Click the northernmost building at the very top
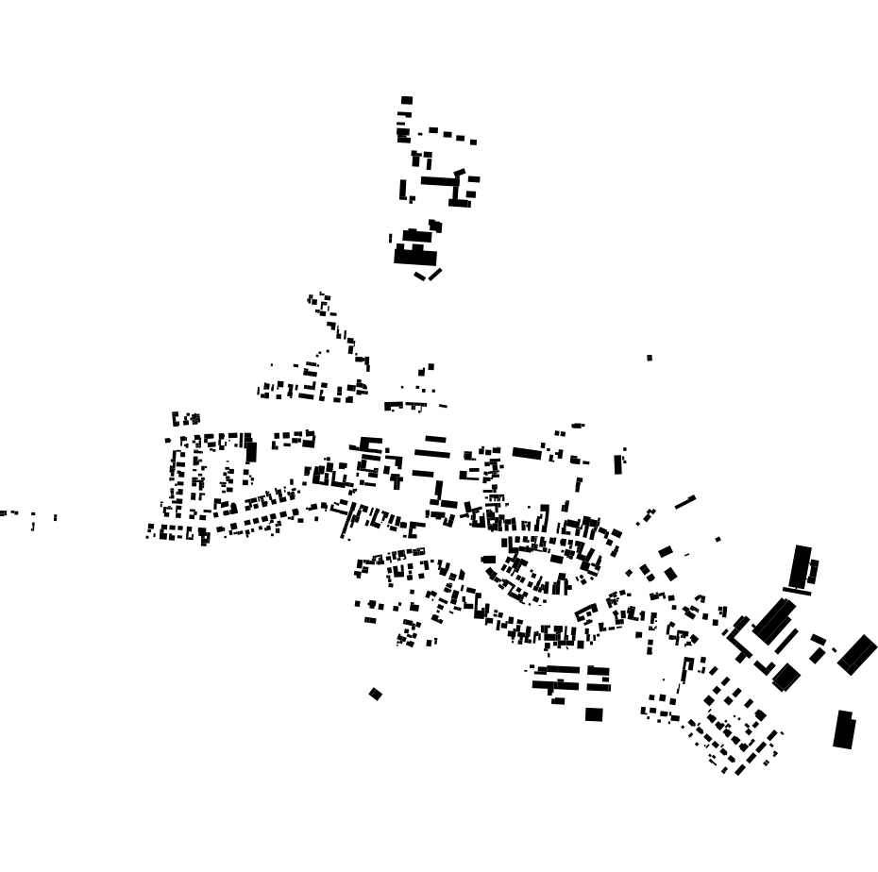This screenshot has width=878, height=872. [x=407, y=100]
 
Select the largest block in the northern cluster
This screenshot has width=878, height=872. [x=415, y=256]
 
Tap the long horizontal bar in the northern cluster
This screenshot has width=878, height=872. [x=437, y=181]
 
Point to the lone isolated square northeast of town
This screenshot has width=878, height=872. [x=650, y=358]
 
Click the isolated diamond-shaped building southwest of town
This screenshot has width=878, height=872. [x=376, y=695]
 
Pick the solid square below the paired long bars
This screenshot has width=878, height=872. [x=594, y=714]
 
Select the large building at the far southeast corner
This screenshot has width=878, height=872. [x=844, y=729]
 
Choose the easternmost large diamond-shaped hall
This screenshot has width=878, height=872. [x=857, y=654]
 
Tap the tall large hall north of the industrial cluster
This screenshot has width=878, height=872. [x=801, y=566]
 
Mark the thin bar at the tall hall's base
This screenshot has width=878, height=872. [x=797, y=592]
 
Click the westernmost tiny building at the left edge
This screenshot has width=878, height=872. [x=3, y=513]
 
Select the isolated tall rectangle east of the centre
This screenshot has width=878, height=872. [x=618, y=464]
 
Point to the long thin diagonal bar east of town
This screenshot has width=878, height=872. [x=685, y=502]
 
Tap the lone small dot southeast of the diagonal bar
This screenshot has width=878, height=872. [x=718, y=540]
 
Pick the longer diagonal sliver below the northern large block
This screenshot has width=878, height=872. [x=435, y=274]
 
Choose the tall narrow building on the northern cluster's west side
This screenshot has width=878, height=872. [x=403, y=190]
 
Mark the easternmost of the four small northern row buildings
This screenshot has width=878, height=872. [x=473, y=143]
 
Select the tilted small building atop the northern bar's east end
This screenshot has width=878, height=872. [x=460, y=173]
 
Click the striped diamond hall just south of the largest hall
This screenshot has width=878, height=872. [x=786, y=677]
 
